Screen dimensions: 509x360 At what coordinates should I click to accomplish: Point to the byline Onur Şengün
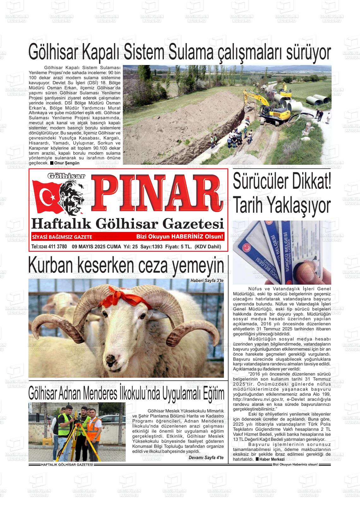tap(67, 163)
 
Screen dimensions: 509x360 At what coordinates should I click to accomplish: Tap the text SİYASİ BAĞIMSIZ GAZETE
tap(62, 237)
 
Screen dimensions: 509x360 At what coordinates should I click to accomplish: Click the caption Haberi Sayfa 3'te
tap(207, 281)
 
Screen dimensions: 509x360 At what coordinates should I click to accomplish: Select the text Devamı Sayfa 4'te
tap(206, 458)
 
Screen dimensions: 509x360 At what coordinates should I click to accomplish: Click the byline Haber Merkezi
tap(272, 459)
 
